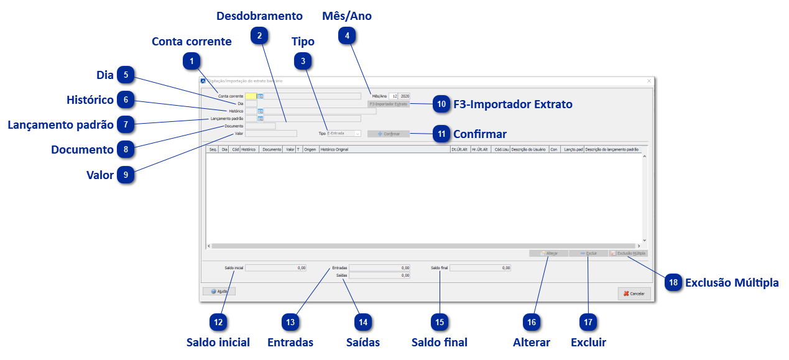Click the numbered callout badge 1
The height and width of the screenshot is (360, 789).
pos(192,62)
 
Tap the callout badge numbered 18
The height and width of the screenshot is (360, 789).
pos(673,282)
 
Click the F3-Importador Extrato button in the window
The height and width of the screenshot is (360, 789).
pos(388,104)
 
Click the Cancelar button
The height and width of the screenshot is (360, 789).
pos(634,293)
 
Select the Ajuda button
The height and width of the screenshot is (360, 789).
pos(219,291)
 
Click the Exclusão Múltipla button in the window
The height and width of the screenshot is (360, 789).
pos(629,254)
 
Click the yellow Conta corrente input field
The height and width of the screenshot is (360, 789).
pos(251,96)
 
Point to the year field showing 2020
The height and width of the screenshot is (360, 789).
pos(405,96)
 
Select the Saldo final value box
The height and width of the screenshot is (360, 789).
pos(481,268)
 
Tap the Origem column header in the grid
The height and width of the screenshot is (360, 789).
pos(310,150)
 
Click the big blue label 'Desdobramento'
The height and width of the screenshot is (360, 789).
pos(259,16)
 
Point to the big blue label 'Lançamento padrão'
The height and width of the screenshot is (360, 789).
pos(60,125)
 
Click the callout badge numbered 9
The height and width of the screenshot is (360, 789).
pos(126,175)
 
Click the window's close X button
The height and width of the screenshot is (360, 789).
pos(648,81)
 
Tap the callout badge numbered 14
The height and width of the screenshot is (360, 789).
pos(363,322)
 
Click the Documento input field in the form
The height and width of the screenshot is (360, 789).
pos(261,126)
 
